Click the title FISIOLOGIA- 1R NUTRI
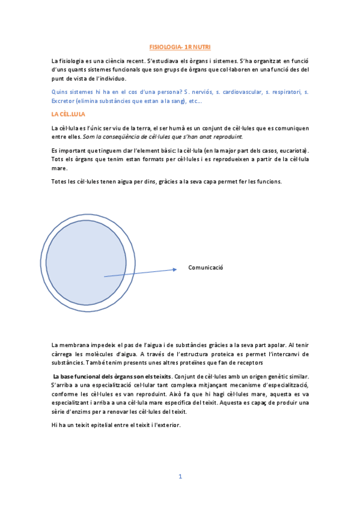pos(180,46)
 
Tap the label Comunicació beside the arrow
pos(206,268)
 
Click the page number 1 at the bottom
pos(180,476)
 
